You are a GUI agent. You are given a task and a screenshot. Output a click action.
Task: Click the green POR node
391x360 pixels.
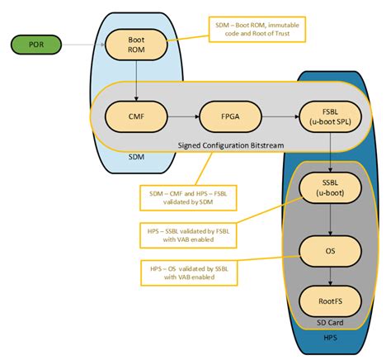(36, 42)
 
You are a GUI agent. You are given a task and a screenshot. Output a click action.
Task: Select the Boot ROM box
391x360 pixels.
(138, 43)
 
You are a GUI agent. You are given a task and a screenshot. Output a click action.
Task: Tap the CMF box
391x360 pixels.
(138, 116)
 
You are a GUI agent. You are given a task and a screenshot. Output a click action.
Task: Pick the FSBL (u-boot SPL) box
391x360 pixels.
(329, 116)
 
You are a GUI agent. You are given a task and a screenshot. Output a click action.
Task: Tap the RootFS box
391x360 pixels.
(329, 301)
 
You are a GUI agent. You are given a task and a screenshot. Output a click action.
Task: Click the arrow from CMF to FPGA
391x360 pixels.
(184, 116)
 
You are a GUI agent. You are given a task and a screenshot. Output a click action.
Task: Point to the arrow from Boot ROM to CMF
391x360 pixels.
(138, 80)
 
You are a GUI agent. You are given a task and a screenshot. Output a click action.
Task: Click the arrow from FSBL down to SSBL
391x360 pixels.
(329, 153)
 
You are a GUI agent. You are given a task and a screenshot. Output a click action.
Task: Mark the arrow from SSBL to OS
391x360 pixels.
(329, 218)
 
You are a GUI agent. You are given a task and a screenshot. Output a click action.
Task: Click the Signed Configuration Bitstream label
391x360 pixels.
(231, 145)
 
